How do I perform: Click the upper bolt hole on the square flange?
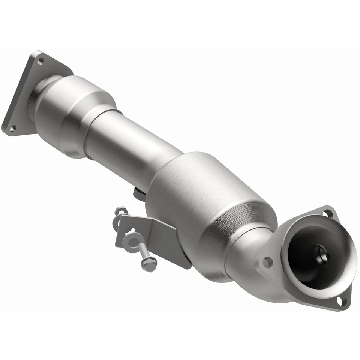click(x=40, y=60)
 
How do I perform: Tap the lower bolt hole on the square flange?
click(x=12, y=129)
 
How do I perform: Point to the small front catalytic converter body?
click(x=71, y=112)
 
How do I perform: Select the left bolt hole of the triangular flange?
click(x=267, y=262)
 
